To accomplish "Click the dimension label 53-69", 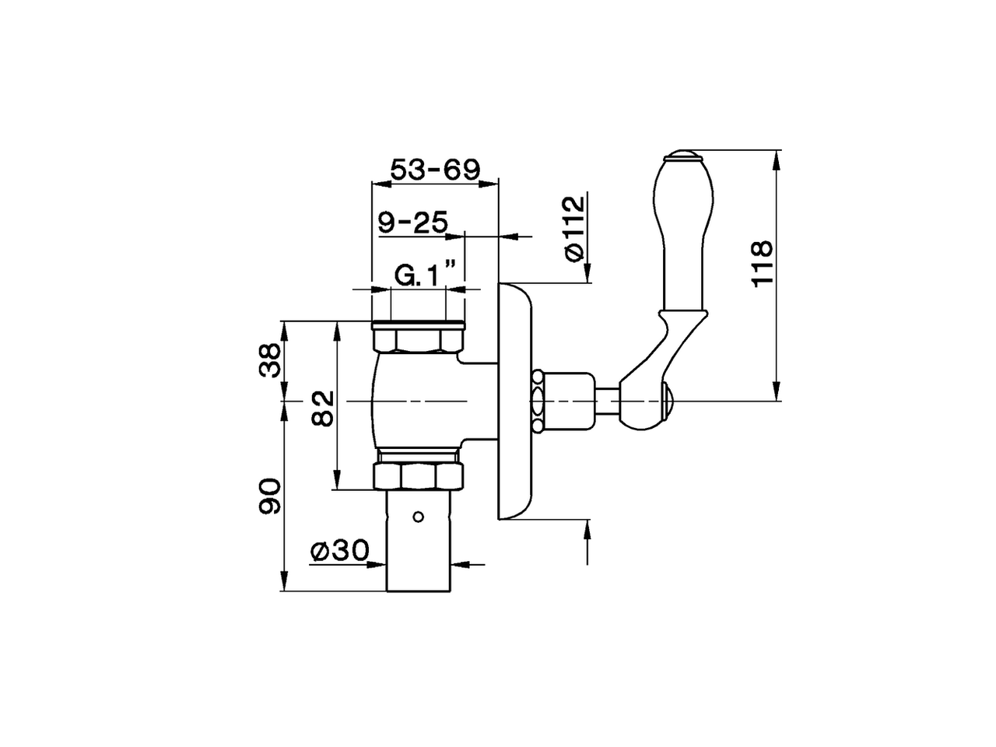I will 435,169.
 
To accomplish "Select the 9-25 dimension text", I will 412,223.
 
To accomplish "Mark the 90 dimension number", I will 270,496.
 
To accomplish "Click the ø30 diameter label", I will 338,551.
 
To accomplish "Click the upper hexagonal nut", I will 419,340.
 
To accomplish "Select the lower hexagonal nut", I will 419,475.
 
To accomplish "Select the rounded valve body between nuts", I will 416,401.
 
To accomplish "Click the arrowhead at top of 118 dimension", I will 776,160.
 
